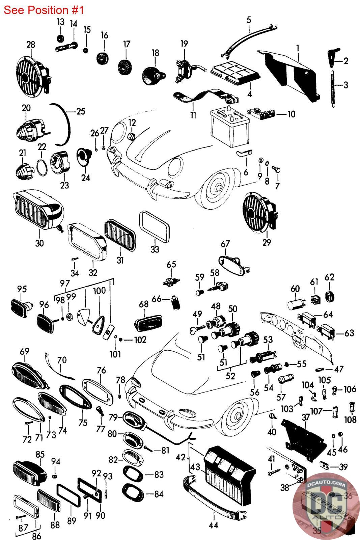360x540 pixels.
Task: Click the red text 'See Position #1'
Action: click(x=44, y=10)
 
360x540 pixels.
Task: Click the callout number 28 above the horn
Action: click(x=31, y=45)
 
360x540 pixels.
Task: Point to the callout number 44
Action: click(x=214, y=525)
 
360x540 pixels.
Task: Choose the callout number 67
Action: click(x=225, y=244)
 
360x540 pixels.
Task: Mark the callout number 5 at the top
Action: click(x=249, y=20)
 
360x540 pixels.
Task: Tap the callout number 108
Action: click(x=351, y=420)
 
